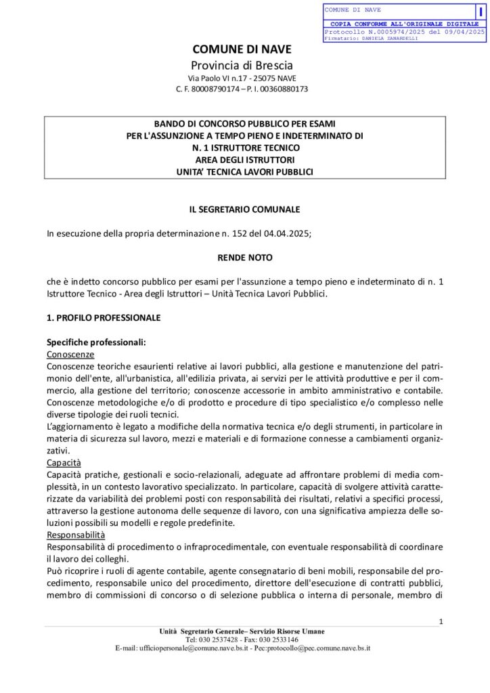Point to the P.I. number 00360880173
[284, 89]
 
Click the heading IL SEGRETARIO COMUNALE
[244, 210]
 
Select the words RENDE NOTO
[244, 258]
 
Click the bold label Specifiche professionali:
[96, 342]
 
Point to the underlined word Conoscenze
[70, 354]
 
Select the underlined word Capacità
[64, 463]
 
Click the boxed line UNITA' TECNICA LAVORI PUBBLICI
[244, 172]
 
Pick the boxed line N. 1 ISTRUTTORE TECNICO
[244, 148]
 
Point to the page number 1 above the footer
[441, 622]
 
